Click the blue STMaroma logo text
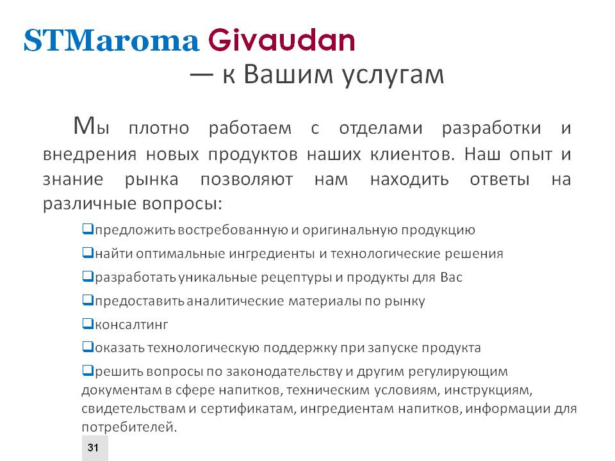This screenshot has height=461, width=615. [x=111, y=40]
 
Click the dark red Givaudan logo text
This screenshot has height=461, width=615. [x=281, y=40]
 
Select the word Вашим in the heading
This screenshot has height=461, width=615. [x=288, y=73]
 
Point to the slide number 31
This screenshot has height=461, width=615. [x=93, y=448]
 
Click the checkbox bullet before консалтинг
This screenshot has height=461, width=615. [x=88, y=324]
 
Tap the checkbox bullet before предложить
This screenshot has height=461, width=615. [x=88, y=229]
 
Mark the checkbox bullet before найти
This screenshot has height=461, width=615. [x=88, y=253]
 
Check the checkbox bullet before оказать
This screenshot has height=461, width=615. [x=88, y=347]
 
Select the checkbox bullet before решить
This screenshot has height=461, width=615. [x=88, y=371]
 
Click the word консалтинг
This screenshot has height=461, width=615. [x=131, y=325]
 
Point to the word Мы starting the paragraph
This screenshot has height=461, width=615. [x=92, y=126]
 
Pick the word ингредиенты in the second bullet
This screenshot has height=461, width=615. [x=272, y=254]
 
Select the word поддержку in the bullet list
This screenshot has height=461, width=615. [x=300, y=348]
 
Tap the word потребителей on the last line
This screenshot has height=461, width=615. [x=129, y=427]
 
